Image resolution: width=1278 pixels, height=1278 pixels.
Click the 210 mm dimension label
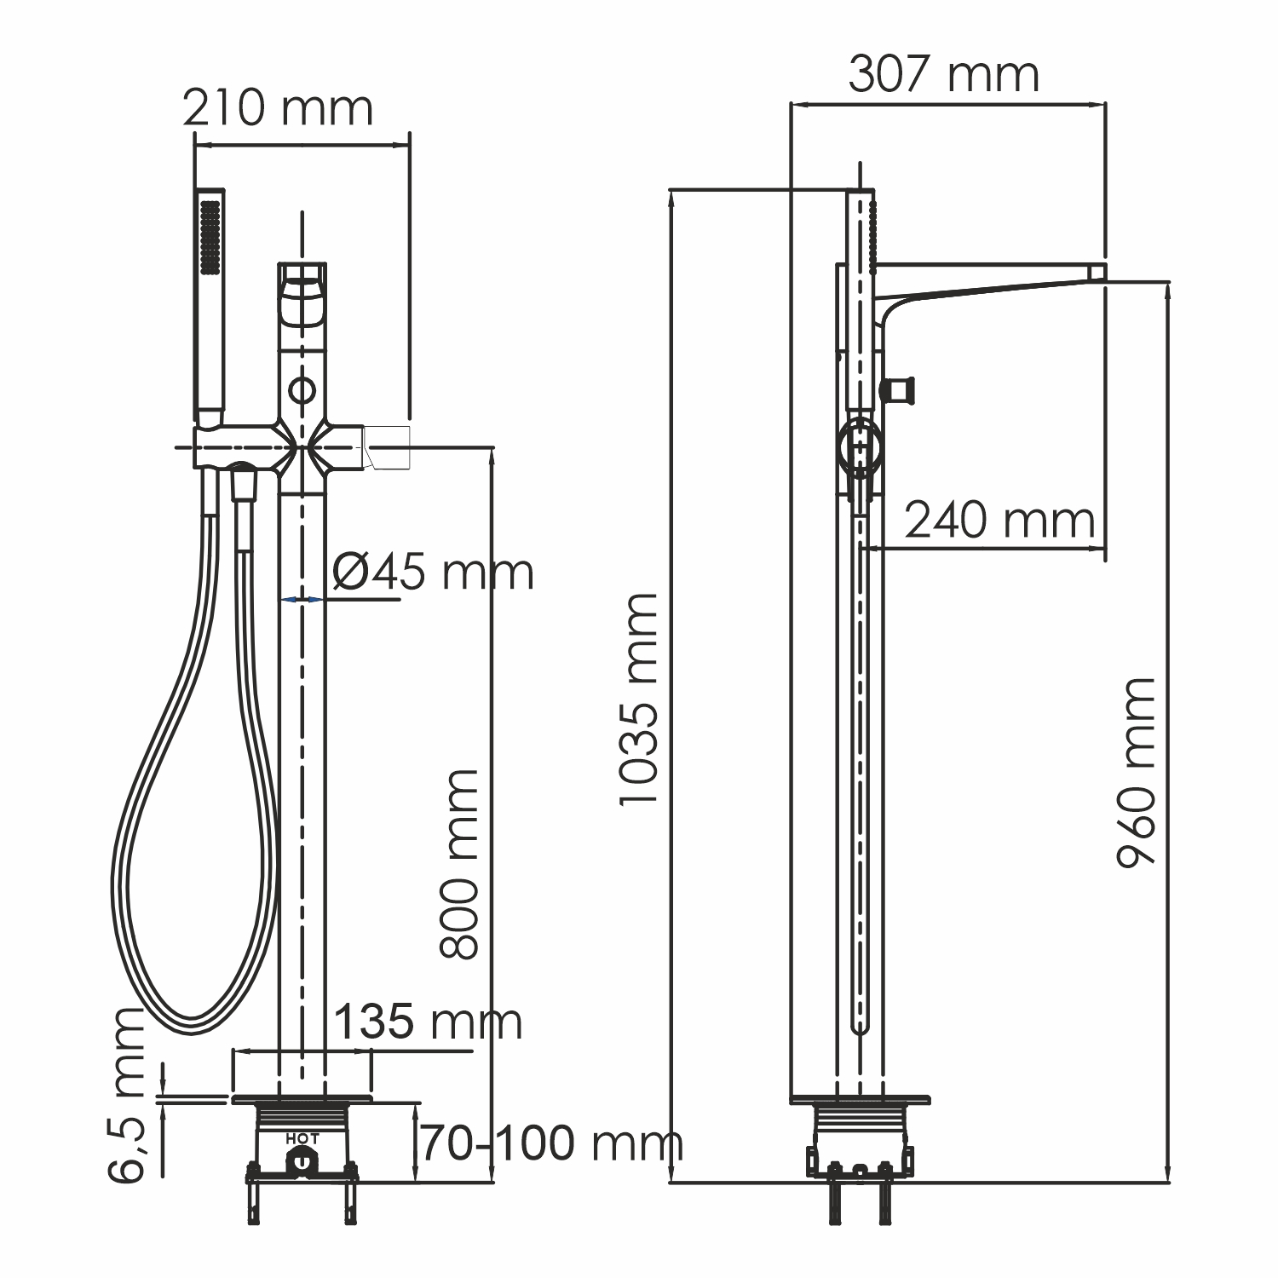point(279,108)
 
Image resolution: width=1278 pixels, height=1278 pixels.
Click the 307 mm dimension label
point(944,75)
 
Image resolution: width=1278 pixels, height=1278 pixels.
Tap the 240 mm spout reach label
point(999,520)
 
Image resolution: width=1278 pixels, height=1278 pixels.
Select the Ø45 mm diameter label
point(433,572)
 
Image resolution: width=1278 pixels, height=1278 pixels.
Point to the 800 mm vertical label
point(460,865)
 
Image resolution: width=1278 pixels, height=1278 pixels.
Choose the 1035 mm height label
point(639,699)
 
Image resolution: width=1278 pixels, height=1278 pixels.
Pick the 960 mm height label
point(1137,771)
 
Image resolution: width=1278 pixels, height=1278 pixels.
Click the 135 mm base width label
point(428,1022)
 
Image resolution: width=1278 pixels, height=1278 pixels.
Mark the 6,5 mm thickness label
point(128,1095)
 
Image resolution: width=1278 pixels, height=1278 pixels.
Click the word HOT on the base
point(302,1138)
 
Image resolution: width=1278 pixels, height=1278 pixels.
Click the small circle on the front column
point(302,391)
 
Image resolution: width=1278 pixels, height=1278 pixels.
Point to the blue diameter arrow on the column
point(302,600)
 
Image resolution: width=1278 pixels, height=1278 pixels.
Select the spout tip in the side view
point(1097,273)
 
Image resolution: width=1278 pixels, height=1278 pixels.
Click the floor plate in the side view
point(861,1099)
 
